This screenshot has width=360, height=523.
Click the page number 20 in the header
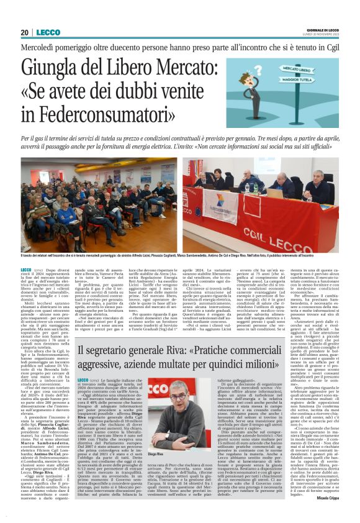25,32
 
